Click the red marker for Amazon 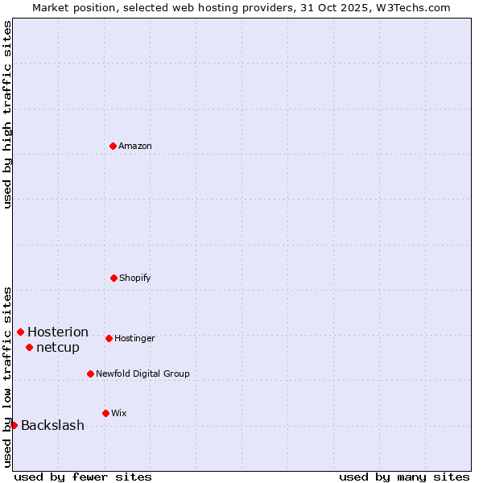[113, 146]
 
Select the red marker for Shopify [114, 278]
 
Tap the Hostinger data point [109, 338]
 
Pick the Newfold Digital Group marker [90, 374]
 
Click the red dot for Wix [105, 413]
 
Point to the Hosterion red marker [20, 332]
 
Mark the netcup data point [29, 347]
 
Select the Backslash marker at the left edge [14, 425]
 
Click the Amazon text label [135, 147]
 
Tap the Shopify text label [135, 279]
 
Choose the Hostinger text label [134, 339]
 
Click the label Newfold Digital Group [142, 374]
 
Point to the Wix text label [119, 414]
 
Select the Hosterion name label [58, 332]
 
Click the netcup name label [58, 348]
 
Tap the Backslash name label [52, 426]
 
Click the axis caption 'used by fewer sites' [83, 477]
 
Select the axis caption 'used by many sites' [404, 477]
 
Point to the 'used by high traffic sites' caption [7, 114]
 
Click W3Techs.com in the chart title [410, 7]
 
